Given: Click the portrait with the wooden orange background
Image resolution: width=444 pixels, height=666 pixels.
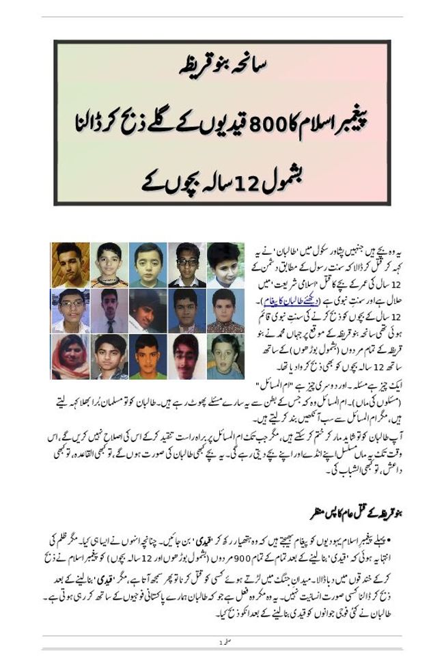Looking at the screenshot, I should (x=70, y=264).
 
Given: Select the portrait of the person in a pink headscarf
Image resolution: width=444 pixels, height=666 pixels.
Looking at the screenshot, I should (x=70, y=356).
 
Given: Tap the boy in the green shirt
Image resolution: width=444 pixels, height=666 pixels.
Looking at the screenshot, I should (x=148, y=356).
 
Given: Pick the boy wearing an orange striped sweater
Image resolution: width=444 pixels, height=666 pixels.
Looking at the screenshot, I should (x=109, y=264).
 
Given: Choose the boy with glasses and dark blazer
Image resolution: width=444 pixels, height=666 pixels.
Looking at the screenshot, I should (x=186, y=264).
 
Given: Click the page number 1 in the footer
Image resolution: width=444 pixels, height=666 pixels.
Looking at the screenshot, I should (x=220, y=643).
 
